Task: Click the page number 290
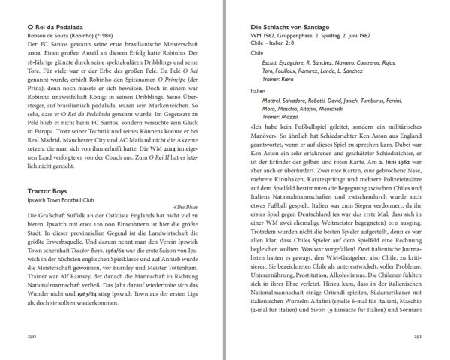coord(31,336)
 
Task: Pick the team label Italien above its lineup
coord(258,90)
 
